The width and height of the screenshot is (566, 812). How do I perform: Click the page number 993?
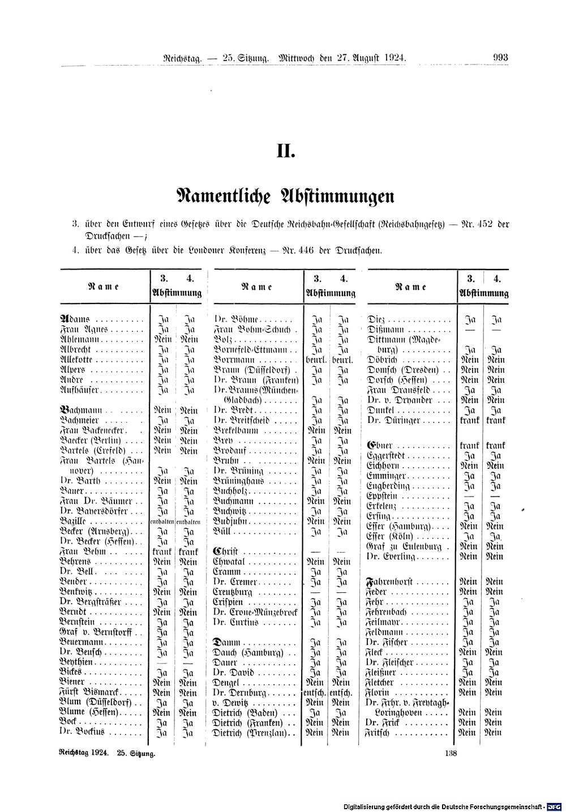(501, 57)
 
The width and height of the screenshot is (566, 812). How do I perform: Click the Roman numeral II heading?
(286, 151)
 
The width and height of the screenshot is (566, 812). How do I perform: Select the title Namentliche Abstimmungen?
(285, 196)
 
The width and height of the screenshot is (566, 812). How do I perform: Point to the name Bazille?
(74, 521)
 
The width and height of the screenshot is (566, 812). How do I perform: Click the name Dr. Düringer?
(391, 421)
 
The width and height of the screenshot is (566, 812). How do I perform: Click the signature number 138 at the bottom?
(451, 753)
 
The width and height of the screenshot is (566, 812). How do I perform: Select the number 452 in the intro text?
(484, 224)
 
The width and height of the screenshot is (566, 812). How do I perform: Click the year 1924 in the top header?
(393, 57)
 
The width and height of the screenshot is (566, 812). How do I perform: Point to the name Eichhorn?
(387, 465)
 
